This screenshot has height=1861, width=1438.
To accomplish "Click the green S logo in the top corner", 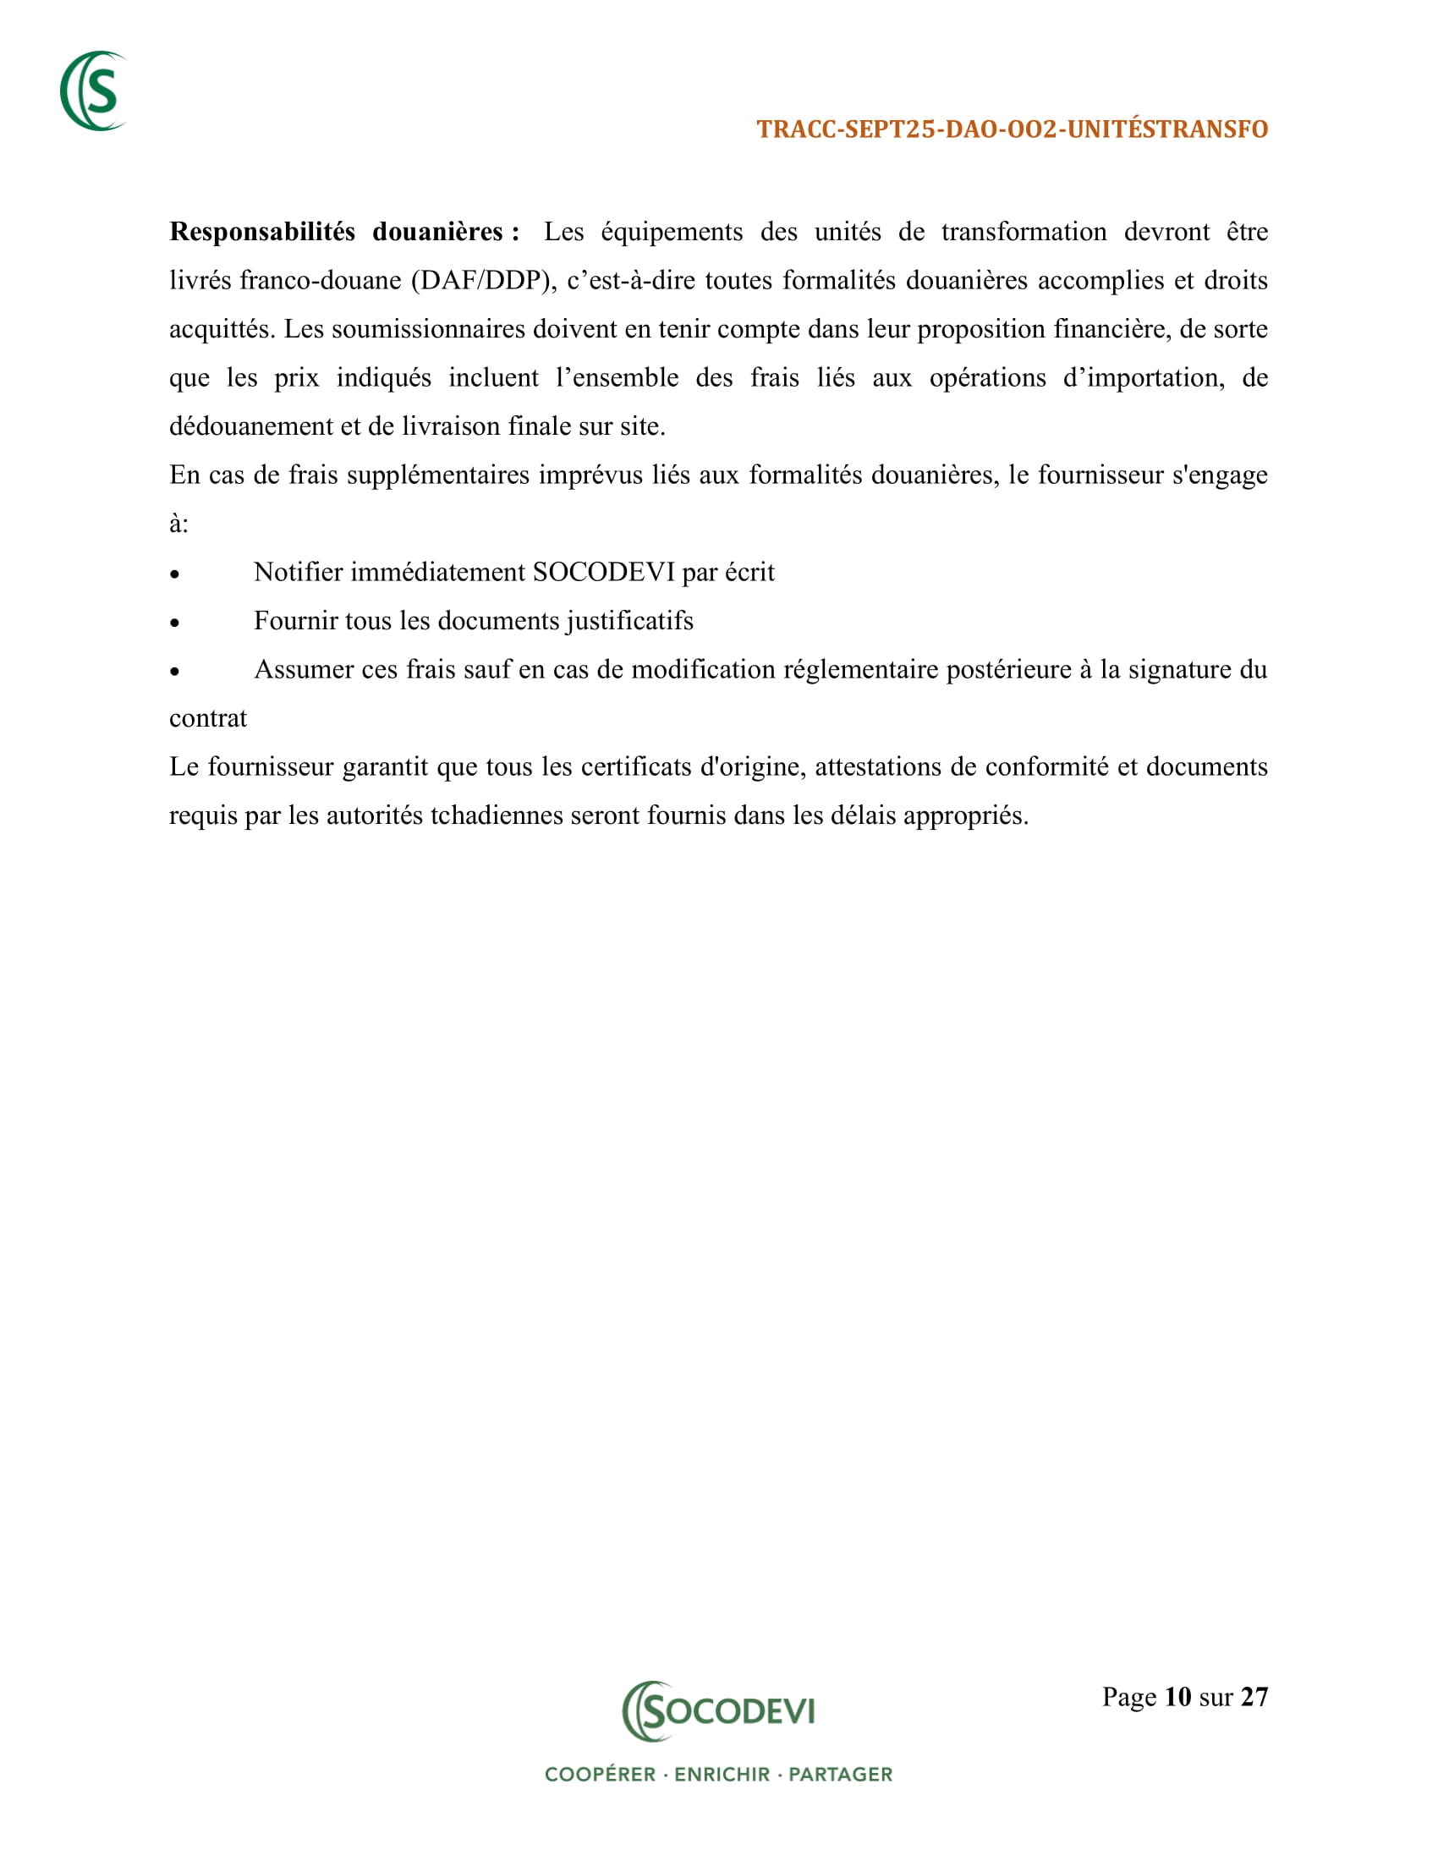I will [93, 91].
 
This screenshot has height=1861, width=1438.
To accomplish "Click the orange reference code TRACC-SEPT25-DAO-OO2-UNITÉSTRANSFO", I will [1012, 129].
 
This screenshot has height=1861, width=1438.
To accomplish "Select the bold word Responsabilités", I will [261, 232].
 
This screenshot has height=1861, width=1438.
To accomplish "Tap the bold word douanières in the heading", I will [438, 232].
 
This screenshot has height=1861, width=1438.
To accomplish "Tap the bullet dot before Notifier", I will [174, 575].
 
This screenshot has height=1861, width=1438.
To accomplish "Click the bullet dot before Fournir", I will [174, 623].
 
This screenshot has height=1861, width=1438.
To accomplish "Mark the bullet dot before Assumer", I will [174, 672].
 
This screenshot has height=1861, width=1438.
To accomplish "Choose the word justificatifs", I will [629, 621].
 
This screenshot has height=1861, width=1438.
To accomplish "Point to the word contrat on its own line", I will [208, 718].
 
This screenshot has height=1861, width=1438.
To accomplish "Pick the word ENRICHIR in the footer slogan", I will [722, 1775].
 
